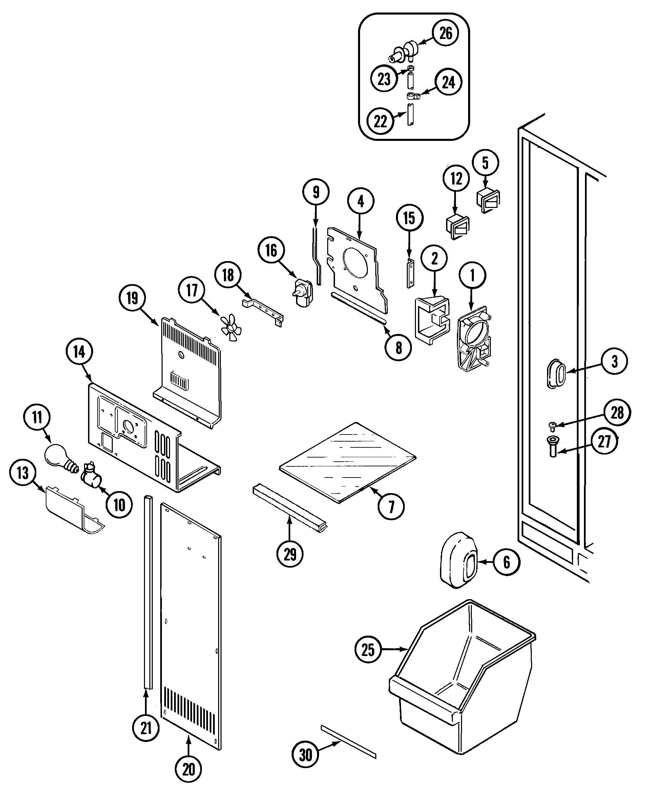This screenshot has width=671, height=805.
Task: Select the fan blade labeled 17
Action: tap(230, 326)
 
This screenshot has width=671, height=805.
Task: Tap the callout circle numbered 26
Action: tap(445, 33)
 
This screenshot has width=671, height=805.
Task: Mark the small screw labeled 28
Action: tap(552, 425)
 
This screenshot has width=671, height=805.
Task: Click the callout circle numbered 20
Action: tap(188, 769)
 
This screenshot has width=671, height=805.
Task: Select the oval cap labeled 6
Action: tap(458, 560)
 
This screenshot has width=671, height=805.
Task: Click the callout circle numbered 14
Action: tap(79, 352)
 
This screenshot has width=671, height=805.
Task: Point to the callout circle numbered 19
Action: tap(132, 298)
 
